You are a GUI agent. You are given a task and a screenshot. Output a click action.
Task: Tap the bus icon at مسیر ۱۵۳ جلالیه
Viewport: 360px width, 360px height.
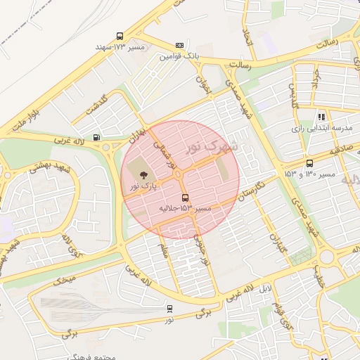tap(185, 198)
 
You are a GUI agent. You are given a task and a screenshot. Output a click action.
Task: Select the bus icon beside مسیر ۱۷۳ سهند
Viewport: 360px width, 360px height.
tap(120, 36)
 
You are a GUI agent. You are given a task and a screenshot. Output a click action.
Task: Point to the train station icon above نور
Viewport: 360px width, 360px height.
tap(169, 308)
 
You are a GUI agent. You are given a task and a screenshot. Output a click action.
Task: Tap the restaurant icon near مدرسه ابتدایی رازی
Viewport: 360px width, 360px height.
tap(321, 117)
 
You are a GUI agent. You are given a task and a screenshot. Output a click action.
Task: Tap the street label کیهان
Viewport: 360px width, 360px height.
tap(279, 243)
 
